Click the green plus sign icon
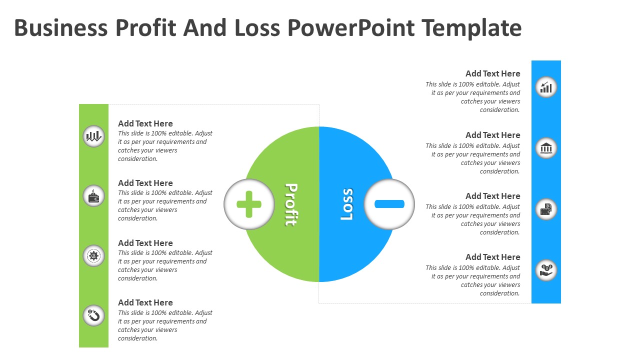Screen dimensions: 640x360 (x=249, y=204)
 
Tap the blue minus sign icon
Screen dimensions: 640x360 (x=389, y=204)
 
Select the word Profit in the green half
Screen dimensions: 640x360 (x=291, y=204)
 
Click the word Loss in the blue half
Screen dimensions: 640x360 (x=347, y=204)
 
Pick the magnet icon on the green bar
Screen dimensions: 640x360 (x=93, y=315)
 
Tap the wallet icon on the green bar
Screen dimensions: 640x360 (x=93, y=196)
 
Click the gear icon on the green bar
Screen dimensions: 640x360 (x=93, y=255)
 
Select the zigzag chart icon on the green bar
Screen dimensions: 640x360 (x=93, y=136)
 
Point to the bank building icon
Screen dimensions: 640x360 (x=546, y=148)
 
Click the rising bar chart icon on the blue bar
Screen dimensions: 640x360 (x=546, y=87)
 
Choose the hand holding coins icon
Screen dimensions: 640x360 (x=546, y=270)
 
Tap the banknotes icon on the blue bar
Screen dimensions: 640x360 (x=546, y=209)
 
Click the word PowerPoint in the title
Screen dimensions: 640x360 (x=351, y=28)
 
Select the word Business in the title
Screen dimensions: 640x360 (x=61, y=28)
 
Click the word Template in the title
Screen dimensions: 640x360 (x=471, y=28)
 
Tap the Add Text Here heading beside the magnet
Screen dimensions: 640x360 (x=145, y=302)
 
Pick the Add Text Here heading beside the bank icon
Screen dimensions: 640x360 (x=493, y=135)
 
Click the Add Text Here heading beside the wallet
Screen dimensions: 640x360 (x=145, y=183)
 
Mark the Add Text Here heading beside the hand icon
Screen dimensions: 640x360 (x=493, y=257)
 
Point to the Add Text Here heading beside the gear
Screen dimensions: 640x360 (x=145, y=243)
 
